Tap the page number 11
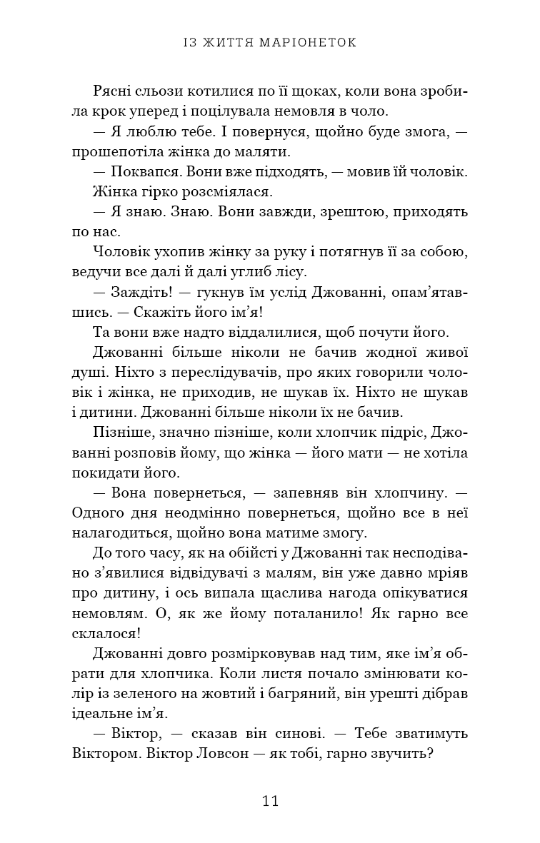pos(270,800)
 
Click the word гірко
pos(153,193)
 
